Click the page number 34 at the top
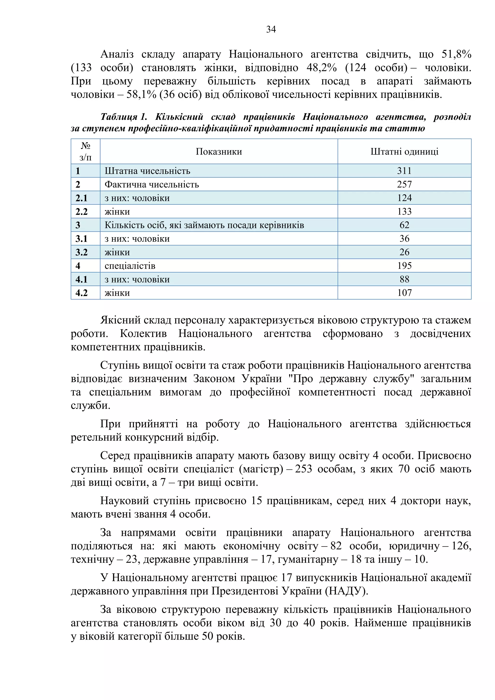271,29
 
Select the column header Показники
218,152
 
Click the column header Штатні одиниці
404,152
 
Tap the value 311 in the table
404,171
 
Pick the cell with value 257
404,184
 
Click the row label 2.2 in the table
81,211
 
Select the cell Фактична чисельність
152,184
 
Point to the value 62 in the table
404,225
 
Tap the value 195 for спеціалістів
404,266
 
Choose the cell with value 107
404,293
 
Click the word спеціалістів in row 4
130,266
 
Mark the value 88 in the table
404,279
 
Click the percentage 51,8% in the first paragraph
456,54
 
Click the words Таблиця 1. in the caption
124,117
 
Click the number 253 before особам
303,469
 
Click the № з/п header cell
85,152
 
